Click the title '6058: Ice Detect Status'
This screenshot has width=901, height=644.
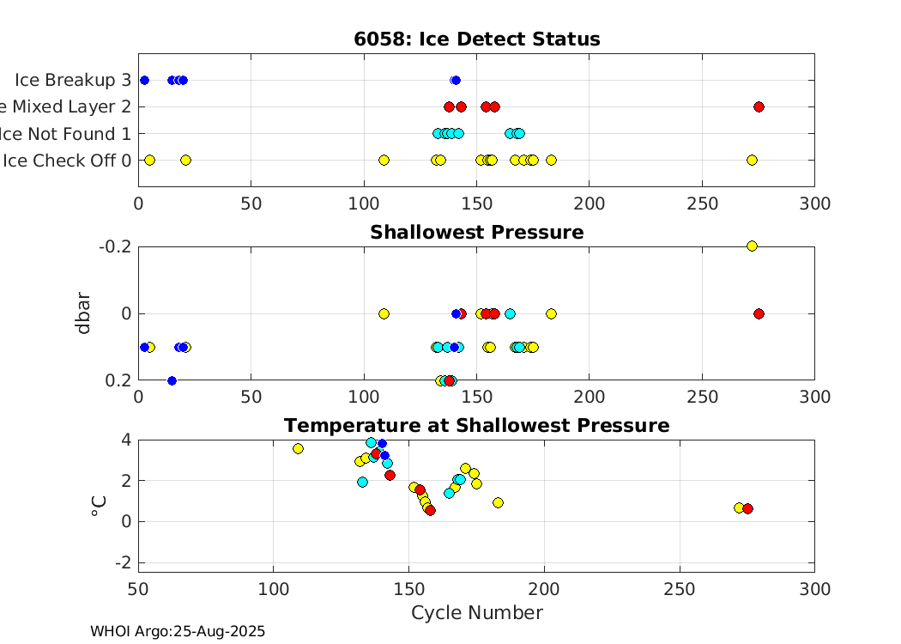[x=476, y=39]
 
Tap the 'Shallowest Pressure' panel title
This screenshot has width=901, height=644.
[x=476, y=232]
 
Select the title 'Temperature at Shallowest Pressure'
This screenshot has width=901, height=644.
[x=476, y=425]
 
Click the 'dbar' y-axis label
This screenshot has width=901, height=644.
[x=83, y=313]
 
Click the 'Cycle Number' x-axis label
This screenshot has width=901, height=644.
[x=476, y=612]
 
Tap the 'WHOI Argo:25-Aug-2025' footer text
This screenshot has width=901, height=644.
[x=178, y=631]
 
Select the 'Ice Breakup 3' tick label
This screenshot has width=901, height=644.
[x=72, y=80]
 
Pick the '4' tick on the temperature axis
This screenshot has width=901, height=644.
[x=125, y=439]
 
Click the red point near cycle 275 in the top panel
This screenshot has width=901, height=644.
[x=759, y=106]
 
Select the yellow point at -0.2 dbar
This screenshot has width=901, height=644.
[x=752, y=246]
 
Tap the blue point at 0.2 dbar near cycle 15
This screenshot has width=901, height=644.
[x=172, y=380]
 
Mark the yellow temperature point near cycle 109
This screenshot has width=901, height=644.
[x=298, y=448]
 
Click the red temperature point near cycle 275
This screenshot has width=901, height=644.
[x=747, y=509]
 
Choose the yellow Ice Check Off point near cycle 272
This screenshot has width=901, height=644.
[x=752, y=160]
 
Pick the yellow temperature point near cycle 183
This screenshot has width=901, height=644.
[x=498, y=502]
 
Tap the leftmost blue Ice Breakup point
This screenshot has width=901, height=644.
[x=144, y=80]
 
